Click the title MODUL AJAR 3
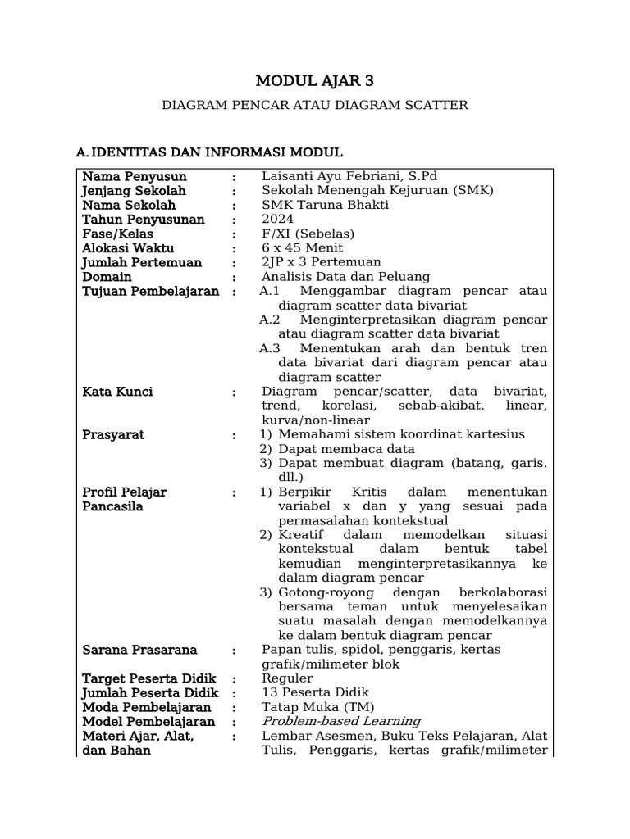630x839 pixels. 314,80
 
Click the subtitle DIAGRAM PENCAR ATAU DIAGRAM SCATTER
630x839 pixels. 314,105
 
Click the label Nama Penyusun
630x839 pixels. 135,176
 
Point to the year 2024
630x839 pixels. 277,220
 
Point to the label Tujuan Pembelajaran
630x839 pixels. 150,292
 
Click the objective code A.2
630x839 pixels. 270,320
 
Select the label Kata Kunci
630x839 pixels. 117,392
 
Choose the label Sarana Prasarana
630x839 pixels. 139,650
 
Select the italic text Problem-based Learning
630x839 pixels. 341,722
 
